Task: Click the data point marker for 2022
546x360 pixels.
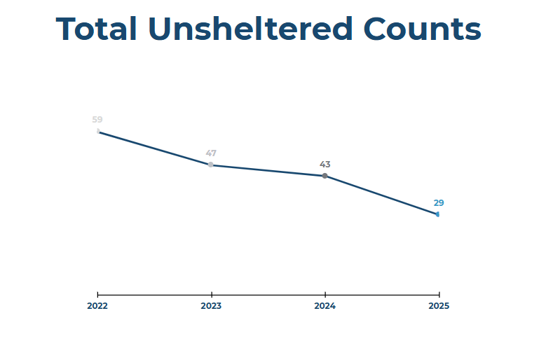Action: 98,131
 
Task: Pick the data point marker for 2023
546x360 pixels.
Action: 211,165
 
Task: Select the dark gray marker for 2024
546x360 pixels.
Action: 325,176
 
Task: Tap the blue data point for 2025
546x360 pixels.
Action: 437,214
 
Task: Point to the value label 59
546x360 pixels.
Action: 97,120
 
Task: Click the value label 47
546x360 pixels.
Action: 211,153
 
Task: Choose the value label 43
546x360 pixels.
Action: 325,165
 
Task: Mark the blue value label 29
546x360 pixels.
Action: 439,203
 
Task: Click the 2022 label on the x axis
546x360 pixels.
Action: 97,306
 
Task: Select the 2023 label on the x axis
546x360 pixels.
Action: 211,306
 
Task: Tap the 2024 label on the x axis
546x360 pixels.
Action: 325,306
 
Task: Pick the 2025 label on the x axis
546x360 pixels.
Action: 439,306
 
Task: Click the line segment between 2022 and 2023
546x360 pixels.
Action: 154,148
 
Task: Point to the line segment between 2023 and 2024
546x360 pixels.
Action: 268,170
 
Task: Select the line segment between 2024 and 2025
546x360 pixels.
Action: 381,195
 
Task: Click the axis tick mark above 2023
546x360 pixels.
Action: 211,294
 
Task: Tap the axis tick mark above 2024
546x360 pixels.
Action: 325,294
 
